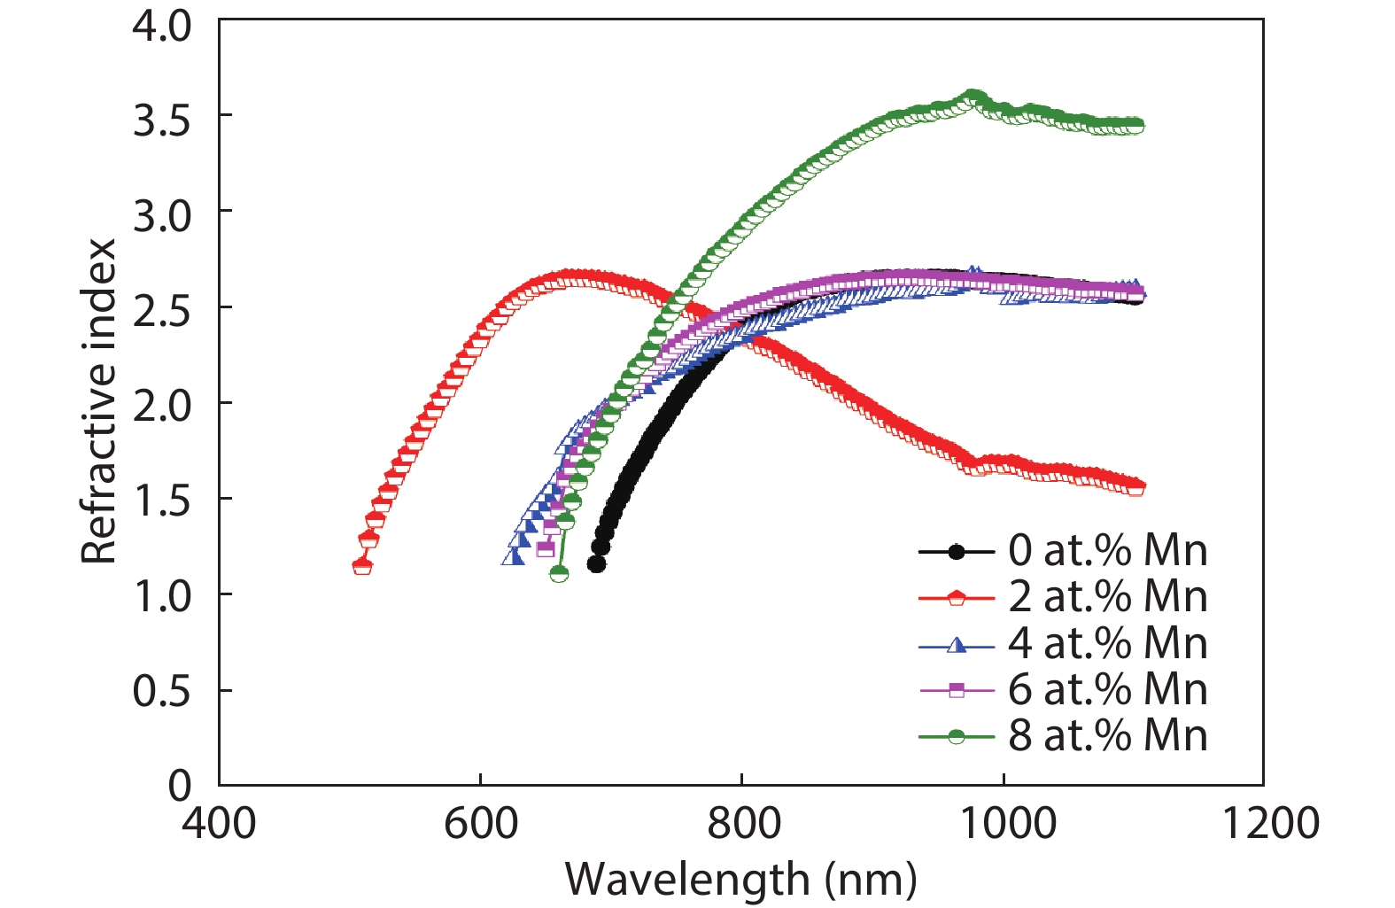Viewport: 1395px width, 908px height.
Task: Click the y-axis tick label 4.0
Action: [161, 26]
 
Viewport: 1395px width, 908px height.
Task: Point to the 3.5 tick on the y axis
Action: [161, 120]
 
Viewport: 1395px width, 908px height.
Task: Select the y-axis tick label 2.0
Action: [161, 407]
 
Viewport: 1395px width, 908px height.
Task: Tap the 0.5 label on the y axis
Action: [161, 692]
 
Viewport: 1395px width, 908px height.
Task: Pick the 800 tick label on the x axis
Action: [742, 823]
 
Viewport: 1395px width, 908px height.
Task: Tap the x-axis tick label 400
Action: [219, 823]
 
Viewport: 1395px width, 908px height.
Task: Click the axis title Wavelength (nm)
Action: [740, 880]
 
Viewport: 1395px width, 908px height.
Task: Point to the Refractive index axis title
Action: [98, 400]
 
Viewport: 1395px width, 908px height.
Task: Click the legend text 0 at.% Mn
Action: [1107, 551]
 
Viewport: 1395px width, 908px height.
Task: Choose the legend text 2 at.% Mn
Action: [1107, 597]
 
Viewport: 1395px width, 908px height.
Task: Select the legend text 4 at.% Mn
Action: [1107, 643]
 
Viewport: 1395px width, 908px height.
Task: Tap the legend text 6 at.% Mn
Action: [1107, 689]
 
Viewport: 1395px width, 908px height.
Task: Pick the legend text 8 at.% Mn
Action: [1107, 735]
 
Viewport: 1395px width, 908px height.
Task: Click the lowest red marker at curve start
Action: [362, 565]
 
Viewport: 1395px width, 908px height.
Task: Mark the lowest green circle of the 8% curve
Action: [559, 574]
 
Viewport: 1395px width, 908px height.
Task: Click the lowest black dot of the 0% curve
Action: [596, 564]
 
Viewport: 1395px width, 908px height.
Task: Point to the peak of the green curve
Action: [973, 97]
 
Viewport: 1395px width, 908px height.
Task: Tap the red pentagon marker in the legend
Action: [957, 598]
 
